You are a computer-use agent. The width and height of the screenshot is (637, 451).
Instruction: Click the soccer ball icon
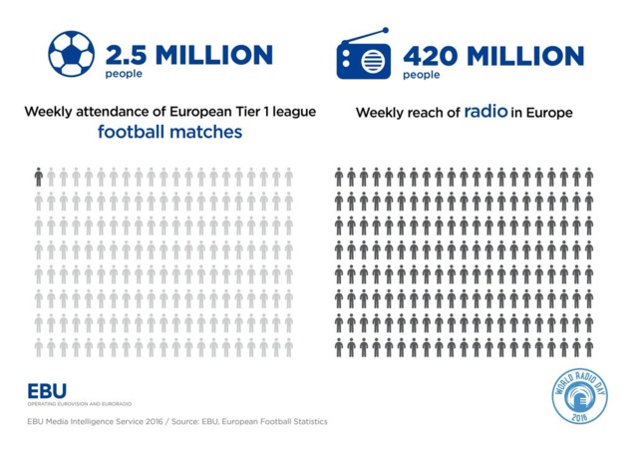[x=71, y=56]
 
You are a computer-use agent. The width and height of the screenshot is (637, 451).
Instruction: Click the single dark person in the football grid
[x=38, y=177]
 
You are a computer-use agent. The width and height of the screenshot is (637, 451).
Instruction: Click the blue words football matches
[x=169, y=132]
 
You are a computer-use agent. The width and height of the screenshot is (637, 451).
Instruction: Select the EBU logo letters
[x=47, y=390]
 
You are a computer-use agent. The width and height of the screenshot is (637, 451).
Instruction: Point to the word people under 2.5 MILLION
[x=124, y=74]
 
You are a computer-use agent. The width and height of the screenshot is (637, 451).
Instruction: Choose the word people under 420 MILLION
[x=422, y=74]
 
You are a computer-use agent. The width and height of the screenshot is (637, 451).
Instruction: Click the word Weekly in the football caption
[x=50, y=112]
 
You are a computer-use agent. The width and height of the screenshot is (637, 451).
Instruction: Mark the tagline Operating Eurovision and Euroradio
[x=80, y=403]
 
